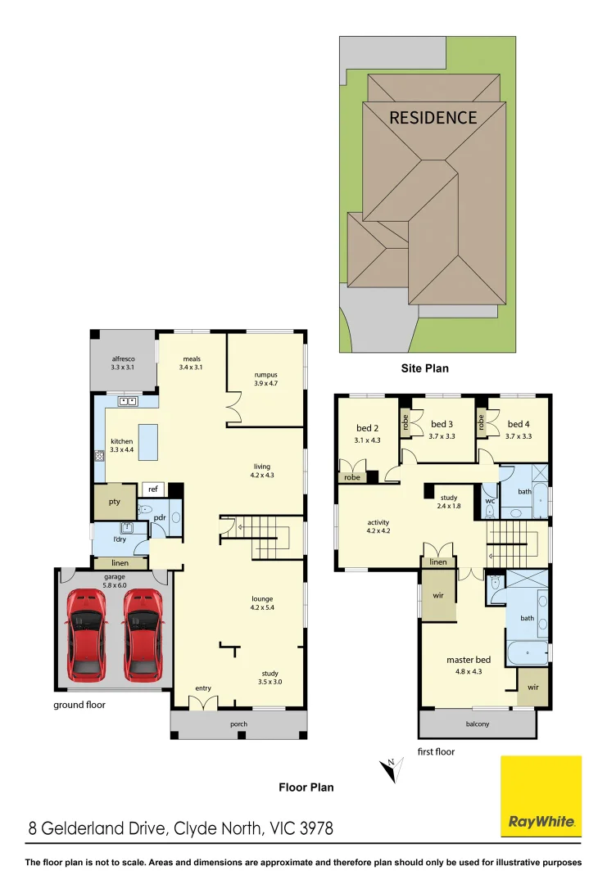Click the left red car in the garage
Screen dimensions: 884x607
tap(86, 634)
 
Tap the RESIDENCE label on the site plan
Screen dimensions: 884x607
tap(433, 118)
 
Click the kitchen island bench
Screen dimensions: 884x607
tap(148, 442)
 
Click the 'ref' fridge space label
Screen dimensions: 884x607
tap(152, 489)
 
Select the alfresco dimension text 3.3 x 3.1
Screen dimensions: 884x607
tap(122, 368)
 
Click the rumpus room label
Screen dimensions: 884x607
tap(265, 375)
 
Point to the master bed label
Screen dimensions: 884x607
tap(469, 660)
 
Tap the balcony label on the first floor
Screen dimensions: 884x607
tap(478, 724)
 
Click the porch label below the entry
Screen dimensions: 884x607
tap(238, 724)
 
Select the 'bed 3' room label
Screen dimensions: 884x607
tap(442, 424)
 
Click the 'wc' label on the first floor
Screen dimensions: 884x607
tap(488, 501)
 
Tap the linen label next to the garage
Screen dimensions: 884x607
tap(121, 563)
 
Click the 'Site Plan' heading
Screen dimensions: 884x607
tap(424, 368)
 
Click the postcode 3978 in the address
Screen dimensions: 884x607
tap(313, 829)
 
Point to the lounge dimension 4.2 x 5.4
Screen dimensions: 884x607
tap(262, 609)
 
